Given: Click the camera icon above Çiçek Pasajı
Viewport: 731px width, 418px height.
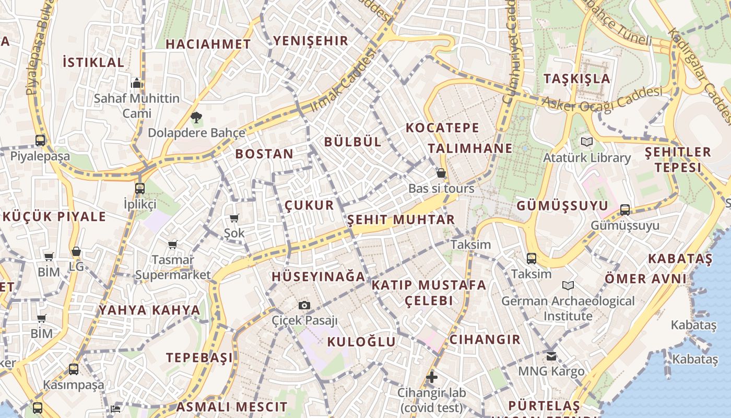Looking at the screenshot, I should click(x=304, y=305).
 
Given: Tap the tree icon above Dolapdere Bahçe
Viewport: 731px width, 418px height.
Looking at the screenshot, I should click(x=196, y=118).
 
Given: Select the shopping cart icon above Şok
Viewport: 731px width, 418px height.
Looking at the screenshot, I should click(x=234, y=218).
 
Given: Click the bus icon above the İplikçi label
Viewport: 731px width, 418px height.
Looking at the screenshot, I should click(x=139, y=188).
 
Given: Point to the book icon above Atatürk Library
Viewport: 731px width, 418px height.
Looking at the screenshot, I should click(x=587, y=142).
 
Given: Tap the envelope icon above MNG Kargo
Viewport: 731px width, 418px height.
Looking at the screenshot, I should click(x=551, y=356).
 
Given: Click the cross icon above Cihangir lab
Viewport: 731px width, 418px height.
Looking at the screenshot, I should click(x=431, y=377).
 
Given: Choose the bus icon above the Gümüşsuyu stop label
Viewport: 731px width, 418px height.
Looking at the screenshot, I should click(x=624, y=210).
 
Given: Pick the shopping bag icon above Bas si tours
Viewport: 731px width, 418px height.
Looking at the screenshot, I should click(x=441, y=173).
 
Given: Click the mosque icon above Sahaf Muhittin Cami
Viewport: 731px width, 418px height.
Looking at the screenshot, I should click(x=137, y=83).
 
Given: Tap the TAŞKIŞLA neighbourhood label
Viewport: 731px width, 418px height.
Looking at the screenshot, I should click(x=576, y=79).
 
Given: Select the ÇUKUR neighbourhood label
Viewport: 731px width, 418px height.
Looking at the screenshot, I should click(x=309, y=205).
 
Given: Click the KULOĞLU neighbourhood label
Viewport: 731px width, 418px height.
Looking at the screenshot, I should click(x=361, y=342).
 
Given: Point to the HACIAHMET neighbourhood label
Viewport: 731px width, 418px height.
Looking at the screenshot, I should click(x=208, y=44).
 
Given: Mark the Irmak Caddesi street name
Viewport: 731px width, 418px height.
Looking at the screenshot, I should click(x=343, y=81).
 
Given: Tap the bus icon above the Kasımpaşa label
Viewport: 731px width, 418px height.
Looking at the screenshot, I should click(x=74, y=369).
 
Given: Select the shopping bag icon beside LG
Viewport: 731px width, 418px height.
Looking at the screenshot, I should click(x=76, y=252).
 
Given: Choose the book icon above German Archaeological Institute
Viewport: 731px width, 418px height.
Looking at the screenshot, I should click(x=568, y=285).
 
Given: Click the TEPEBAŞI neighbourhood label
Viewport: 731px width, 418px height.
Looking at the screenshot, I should click(x=199, y=358).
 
